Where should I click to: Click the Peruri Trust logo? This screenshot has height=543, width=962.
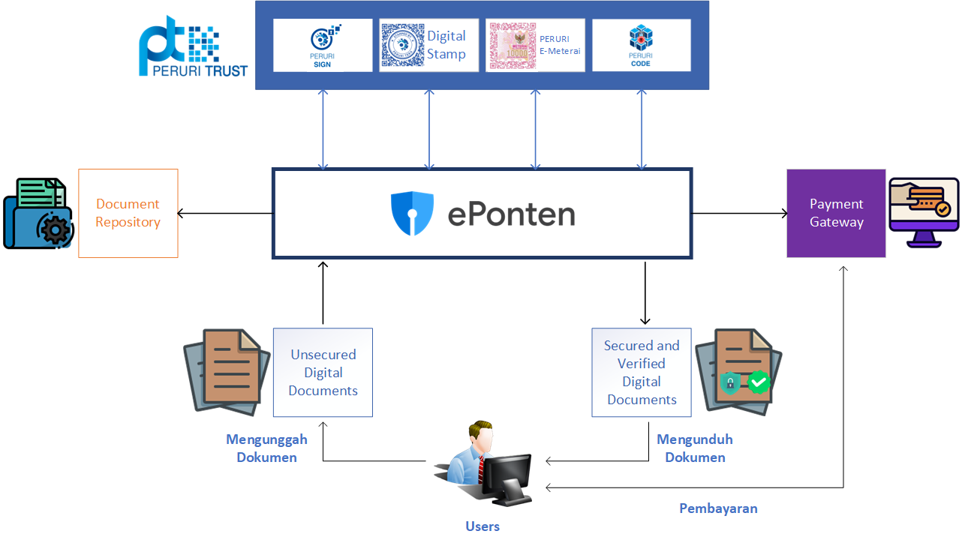pos(193,46)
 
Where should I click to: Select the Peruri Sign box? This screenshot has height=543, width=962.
pos(323,45)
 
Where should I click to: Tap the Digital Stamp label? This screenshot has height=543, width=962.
pos(446,45)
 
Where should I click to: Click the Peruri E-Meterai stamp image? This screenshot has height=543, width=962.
pos(513,46)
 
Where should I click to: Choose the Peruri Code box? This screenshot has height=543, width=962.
pos(641,45)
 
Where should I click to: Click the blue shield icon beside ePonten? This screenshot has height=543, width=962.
pos(412,214)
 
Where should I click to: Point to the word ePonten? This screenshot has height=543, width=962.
pos(511,214)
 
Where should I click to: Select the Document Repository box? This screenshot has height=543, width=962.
pos(128,213)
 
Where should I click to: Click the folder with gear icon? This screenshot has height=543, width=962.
pos(39,213)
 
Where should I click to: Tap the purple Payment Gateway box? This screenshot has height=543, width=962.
pos(836,213)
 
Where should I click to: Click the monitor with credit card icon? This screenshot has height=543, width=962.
pos(923,213)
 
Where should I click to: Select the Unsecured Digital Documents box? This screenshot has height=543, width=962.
pos(323,372)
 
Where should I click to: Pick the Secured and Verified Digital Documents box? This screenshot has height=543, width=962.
pos(642,372)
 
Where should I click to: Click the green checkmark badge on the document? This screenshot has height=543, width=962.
pos(759,382)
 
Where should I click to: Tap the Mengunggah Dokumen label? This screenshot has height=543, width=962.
pos(266,448)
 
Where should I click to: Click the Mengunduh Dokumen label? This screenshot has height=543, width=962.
pos(695,448)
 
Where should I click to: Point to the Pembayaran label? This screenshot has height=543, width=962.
pos(718,508)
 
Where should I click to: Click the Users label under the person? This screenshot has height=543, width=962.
pos(483,526)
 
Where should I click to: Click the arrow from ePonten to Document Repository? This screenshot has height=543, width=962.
pos(225,214)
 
